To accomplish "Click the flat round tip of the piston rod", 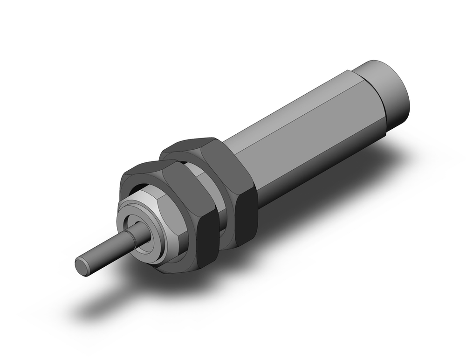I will tap(82, 266).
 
